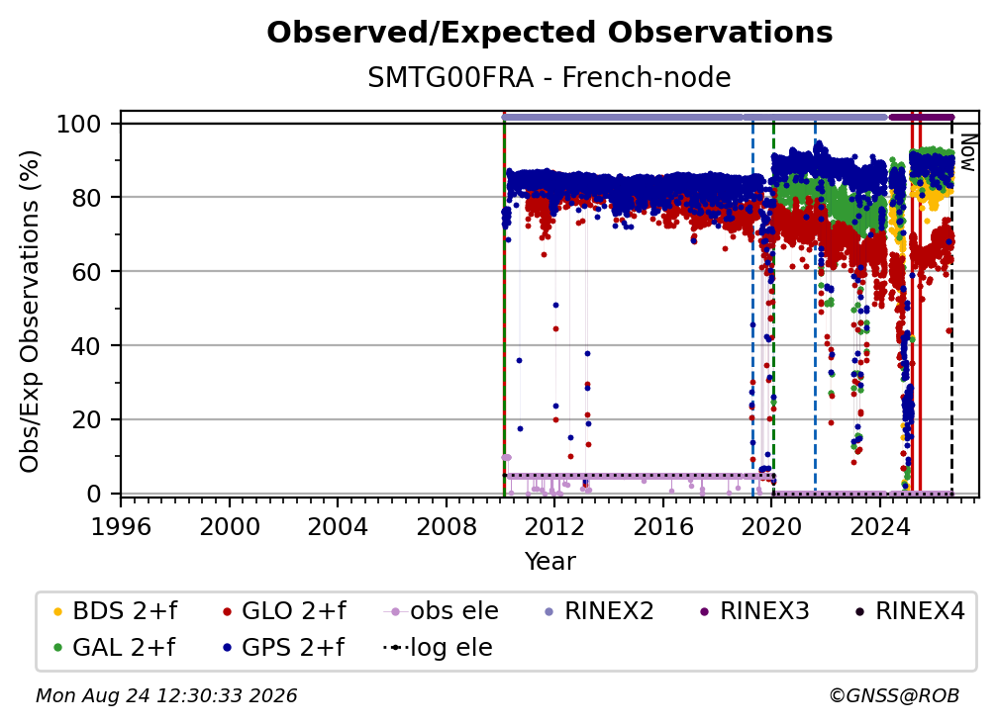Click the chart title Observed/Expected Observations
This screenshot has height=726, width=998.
(549, 33)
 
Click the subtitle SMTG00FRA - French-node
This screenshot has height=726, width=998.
(549, 77)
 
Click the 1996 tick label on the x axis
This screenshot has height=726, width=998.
(121, 526)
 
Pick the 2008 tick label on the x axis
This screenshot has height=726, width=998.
(447, 526)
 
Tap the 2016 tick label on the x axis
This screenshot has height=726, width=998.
(663, 526)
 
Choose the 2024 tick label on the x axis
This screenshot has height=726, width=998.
(880, 526)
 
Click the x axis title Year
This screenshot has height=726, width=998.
(549, 562)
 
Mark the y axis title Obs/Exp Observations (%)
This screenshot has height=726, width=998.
(30, 312)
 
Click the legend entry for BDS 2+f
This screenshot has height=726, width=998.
(115, 611)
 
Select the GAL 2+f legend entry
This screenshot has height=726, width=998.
(115, 647)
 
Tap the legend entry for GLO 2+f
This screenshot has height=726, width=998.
(284, 611)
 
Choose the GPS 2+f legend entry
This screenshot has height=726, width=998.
(283, 647)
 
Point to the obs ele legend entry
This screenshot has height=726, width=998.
(442, 611)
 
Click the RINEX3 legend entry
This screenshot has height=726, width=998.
(754, 611)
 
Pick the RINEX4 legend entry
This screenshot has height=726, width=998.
(910, 611)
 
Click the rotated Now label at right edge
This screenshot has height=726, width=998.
(967, 152)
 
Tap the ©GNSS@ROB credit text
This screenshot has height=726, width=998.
(894, 695)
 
